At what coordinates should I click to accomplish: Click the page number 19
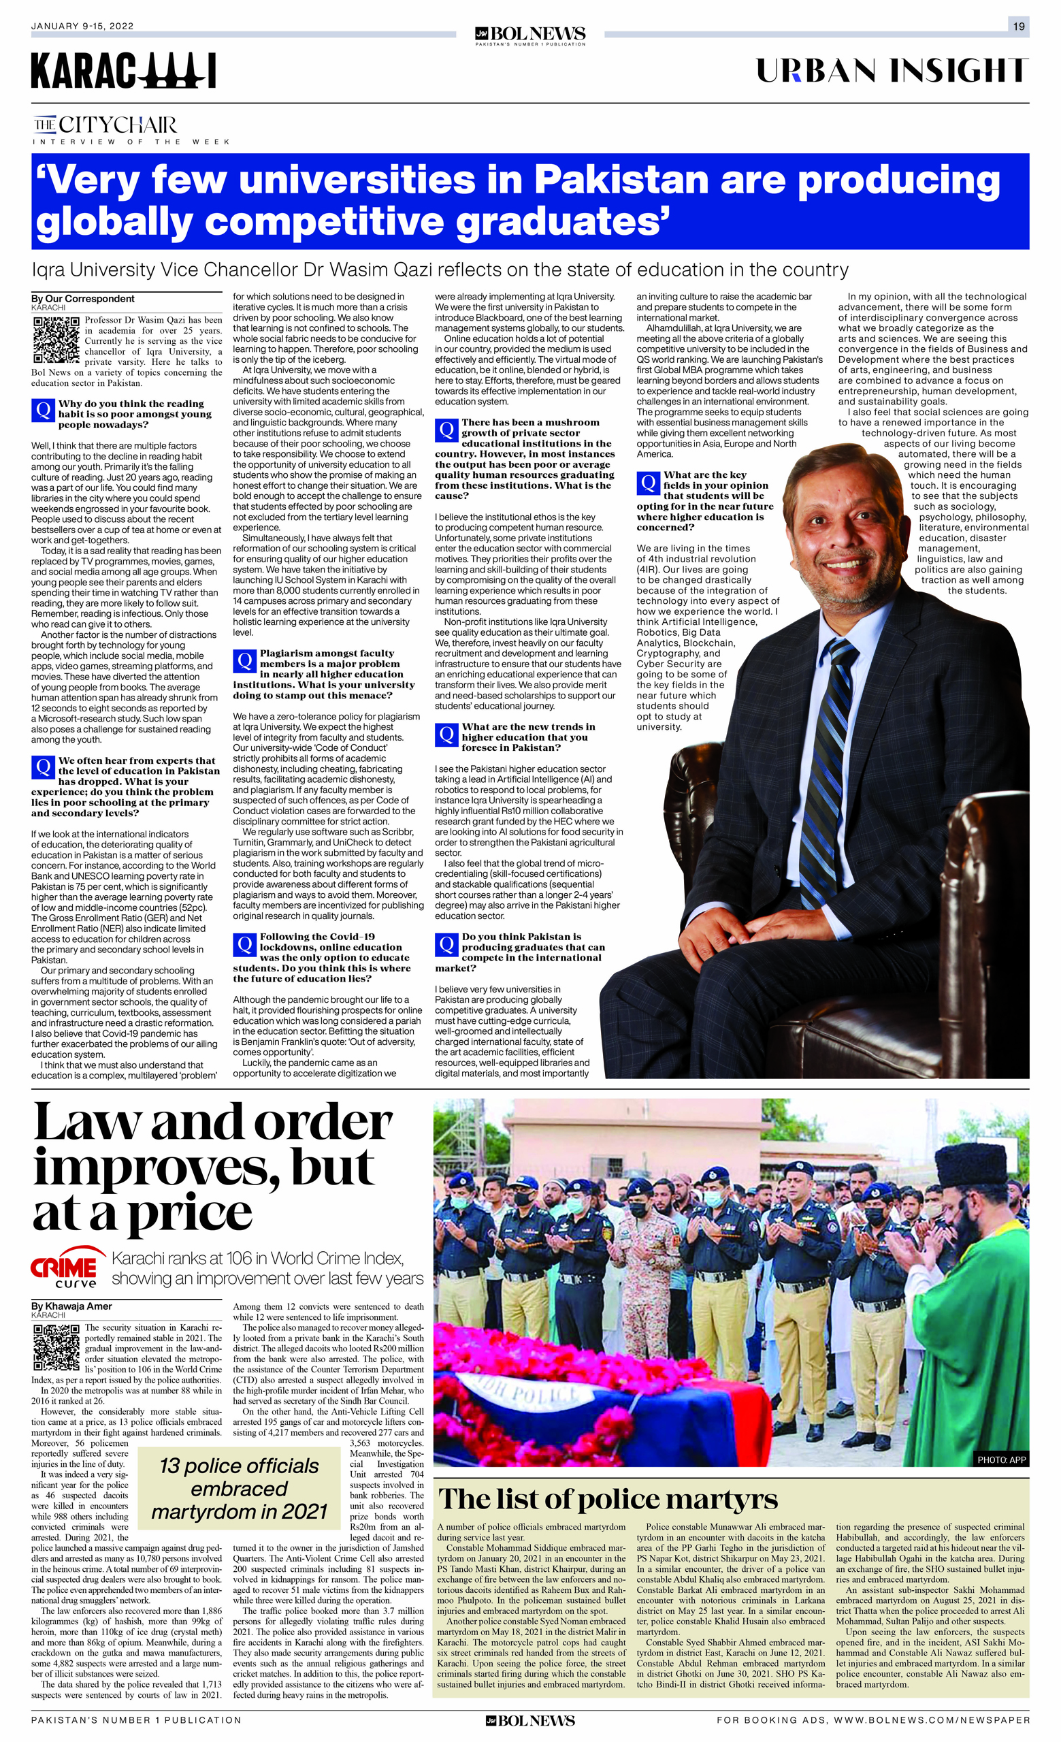1019,27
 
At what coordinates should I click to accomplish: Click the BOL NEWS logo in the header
530,35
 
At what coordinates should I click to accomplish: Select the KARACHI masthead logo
124,71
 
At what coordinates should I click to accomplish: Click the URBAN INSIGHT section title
892,71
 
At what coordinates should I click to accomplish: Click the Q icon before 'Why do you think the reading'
43,410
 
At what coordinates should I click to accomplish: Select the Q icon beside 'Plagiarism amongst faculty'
244,660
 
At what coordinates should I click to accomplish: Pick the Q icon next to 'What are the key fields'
648,482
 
